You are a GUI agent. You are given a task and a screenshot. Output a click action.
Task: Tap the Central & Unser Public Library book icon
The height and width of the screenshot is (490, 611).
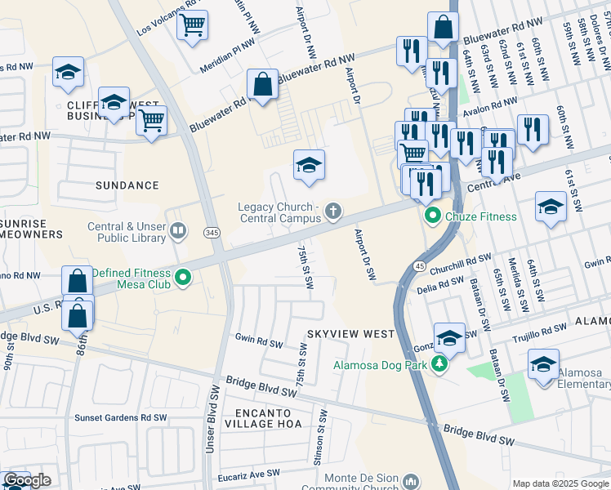coord(176,233)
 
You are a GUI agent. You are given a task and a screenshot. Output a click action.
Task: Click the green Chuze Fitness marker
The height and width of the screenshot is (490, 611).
coord(430,216)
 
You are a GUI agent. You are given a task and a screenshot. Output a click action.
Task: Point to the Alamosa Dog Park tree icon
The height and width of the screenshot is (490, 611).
coord(440,363)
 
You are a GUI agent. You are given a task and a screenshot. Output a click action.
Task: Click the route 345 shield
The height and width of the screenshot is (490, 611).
coord(211,234)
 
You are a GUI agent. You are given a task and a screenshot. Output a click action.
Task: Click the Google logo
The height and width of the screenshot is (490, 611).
coord(26,481)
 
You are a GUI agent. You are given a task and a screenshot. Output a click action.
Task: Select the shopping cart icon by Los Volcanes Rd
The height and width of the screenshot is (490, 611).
coord(192,26)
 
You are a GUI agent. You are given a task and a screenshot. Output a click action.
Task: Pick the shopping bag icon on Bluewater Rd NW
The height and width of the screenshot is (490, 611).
coord(262,84)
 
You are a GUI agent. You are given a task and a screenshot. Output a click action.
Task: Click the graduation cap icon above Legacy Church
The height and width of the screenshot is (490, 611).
coord(309,166)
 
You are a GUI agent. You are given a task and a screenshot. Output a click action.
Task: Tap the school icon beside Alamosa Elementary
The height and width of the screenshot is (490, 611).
coord(543,365)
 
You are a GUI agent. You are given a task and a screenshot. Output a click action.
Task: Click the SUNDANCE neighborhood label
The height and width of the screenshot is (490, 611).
coord(126,185)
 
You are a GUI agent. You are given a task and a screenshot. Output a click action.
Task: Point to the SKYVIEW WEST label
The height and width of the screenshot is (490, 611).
coord(350,334)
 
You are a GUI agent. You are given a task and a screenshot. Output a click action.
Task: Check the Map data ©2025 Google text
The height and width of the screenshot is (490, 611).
coord(560,483)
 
